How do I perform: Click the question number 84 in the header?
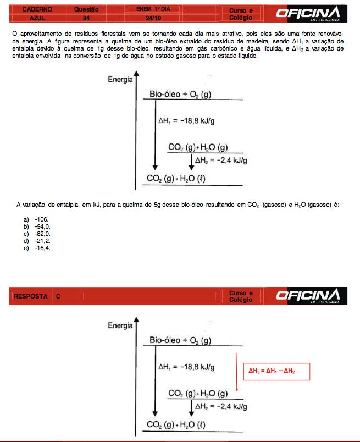[86, 18]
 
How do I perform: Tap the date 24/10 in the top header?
[147, 18]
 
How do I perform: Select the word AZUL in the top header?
[30, 18]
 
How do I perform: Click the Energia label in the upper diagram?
[120, 79]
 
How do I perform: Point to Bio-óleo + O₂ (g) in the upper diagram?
[180, 95]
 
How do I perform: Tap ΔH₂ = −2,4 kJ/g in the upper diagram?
[221, 161]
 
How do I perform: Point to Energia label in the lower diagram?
[120, 325]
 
